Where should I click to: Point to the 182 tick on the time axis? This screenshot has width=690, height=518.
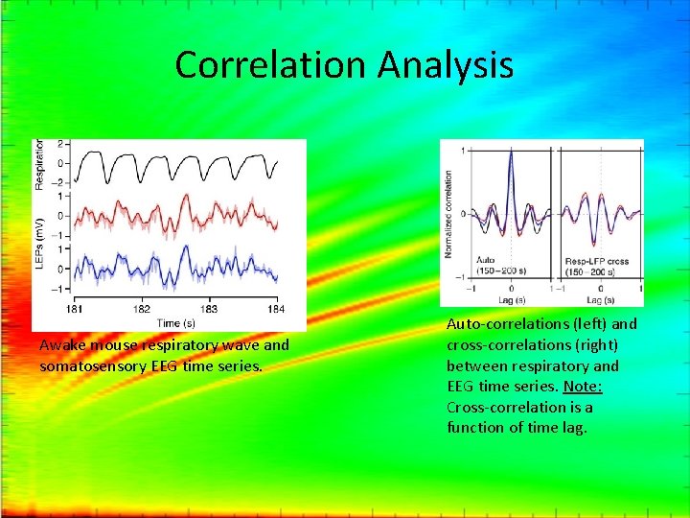(x=142, y=310)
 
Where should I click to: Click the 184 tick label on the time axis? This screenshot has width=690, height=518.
(x=276, y=310)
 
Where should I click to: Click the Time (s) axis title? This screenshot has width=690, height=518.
(x=176, y=322)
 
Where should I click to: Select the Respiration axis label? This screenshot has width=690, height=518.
(x=40, y=164)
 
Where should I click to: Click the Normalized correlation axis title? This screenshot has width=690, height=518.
(x=448, y=213)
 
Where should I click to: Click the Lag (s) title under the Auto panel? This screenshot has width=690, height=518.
(x=510, y=299)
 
